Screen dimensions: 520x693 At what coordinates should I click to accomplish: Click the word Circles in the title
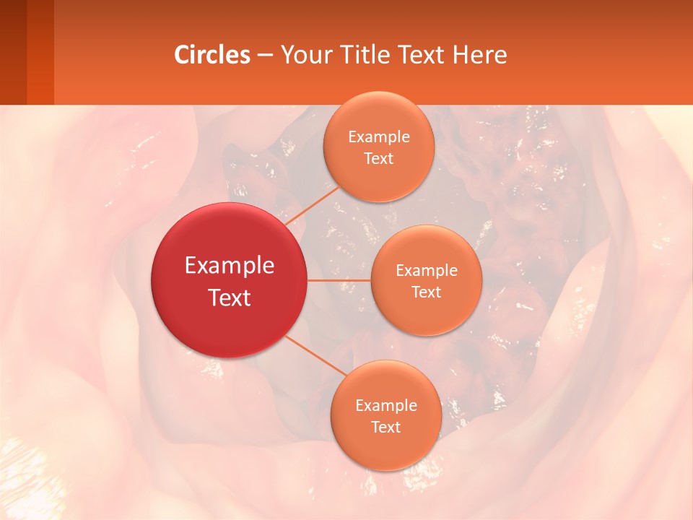(212, 55)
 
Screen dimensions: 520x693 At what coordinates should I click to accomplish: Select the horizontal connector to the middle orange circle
(339, 279)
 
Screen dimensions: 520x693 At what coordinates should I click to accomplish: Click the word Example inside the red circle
(230, 266)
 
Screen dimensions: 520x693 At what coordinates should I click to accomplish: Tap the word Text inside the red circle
(230, 298)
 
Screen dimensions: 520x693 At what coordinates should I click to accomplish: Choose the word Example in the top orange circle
(379, 137)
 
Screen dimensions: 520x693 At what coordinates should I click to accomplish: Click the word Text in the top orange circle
(378, 159)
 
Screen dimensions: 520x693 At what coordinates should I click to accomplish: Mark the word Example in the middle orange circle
(427, 271)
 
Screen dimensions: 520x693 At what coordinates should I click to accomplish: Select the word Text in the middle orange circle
(426, 292)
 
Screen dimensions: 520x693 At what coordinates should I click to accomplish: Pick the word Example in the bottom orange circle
(386, 406)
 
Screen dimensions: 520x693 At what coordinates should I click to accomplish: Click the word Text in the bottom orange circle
(385, 428)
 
